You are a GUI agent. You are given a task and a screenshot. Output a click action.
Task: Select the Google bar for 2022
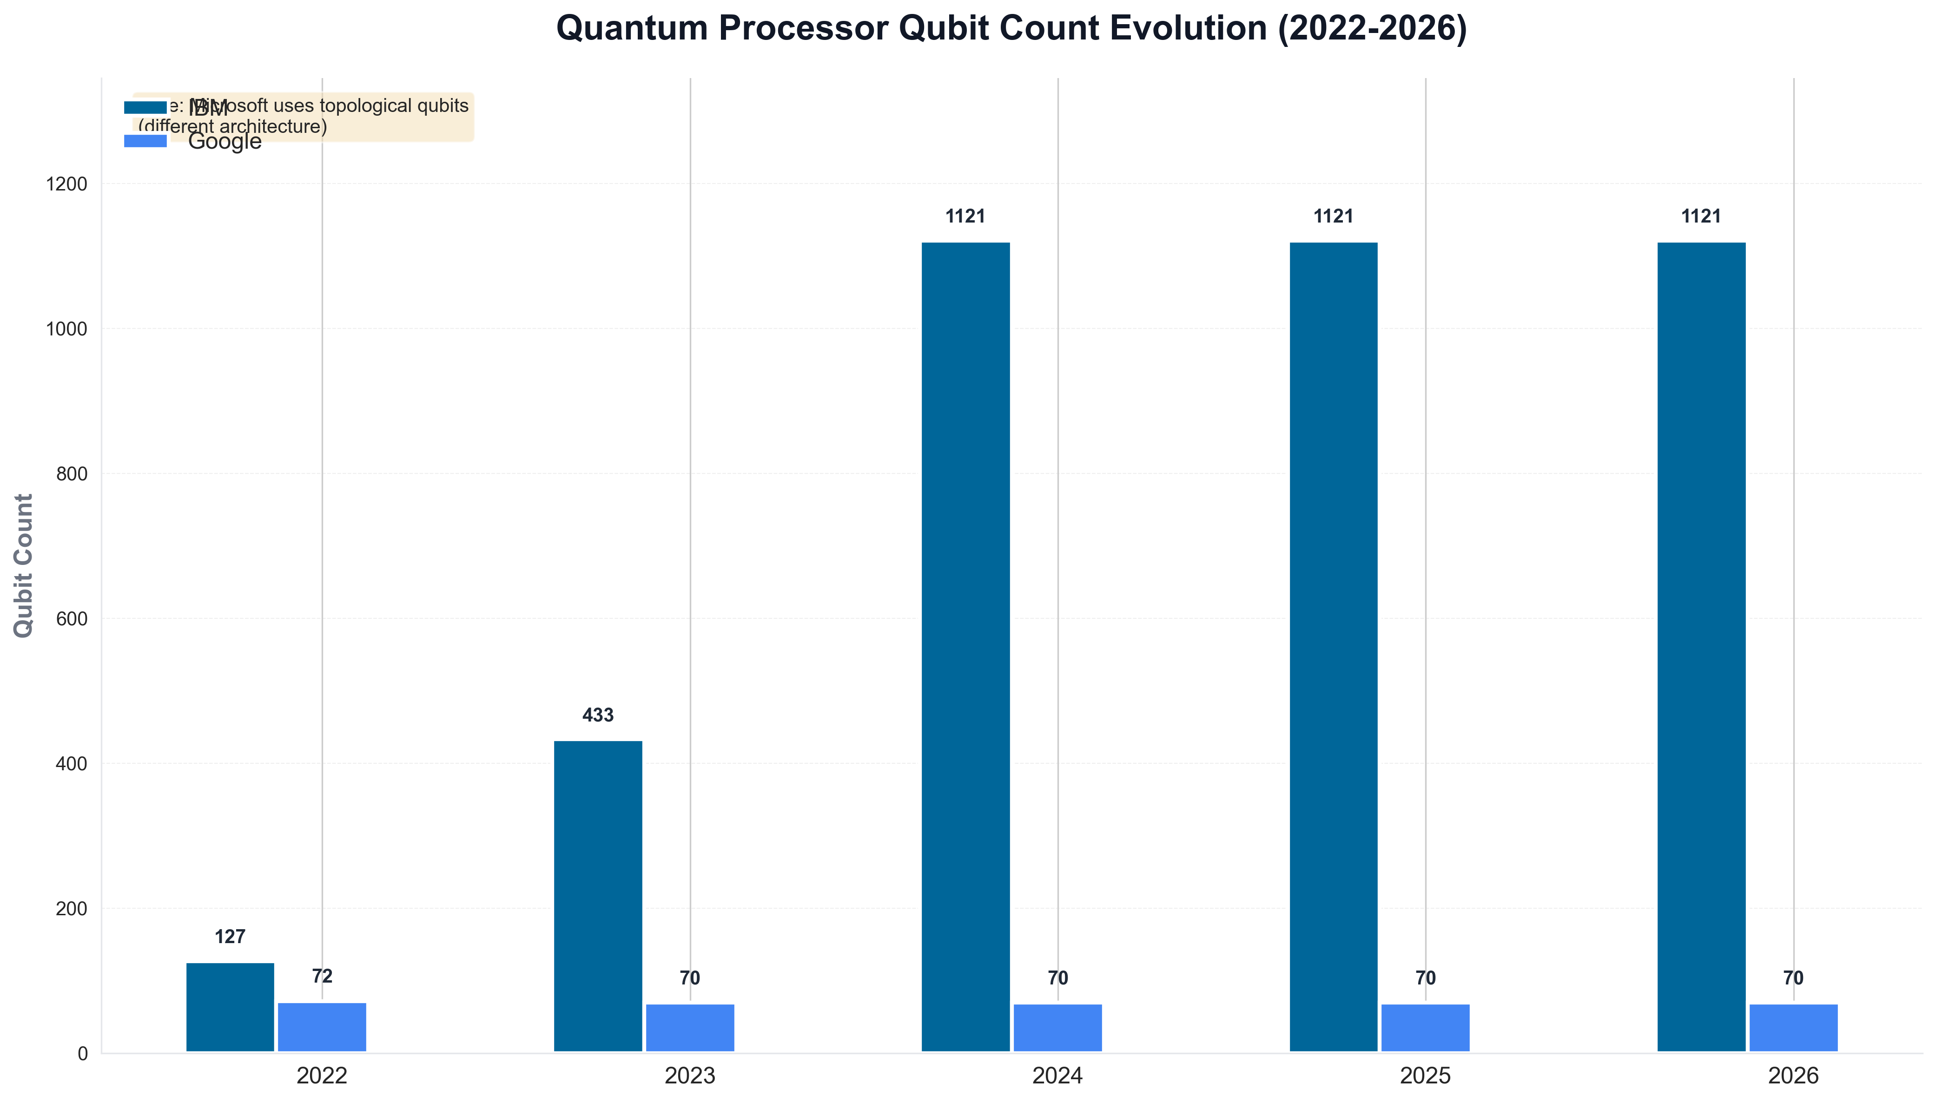coord(322,1027)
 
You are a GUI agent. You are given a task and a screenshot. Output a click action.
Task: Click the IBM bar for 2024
coord(965,647)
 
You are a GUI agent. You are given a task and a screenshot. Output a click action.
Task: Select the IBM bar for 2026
coord(1701,647)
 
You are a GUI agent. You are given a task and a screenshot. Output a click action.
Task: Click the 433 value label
coord(598,715)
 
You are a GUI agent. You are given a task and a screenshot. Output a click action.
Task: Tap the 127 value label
coord(230,937)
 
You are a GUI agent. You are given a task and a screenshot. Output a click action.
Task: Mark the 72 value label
coord(322,977)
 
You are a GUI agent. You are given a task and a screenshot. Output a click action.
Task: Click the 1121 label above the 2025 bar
coord(1333,216)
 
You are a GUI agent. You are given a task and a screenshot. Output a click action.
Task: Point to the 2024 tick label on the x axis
coord(1058,1076)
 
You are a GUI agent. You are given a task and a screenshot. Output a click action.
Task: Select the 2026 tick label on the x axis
coord(1793,1076)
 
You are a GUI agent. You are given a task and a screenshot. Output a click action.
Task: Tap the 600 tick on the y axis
coord(72,618)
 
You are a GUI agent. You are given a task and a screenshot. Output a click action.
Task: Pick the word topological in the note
coord(358,106)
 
